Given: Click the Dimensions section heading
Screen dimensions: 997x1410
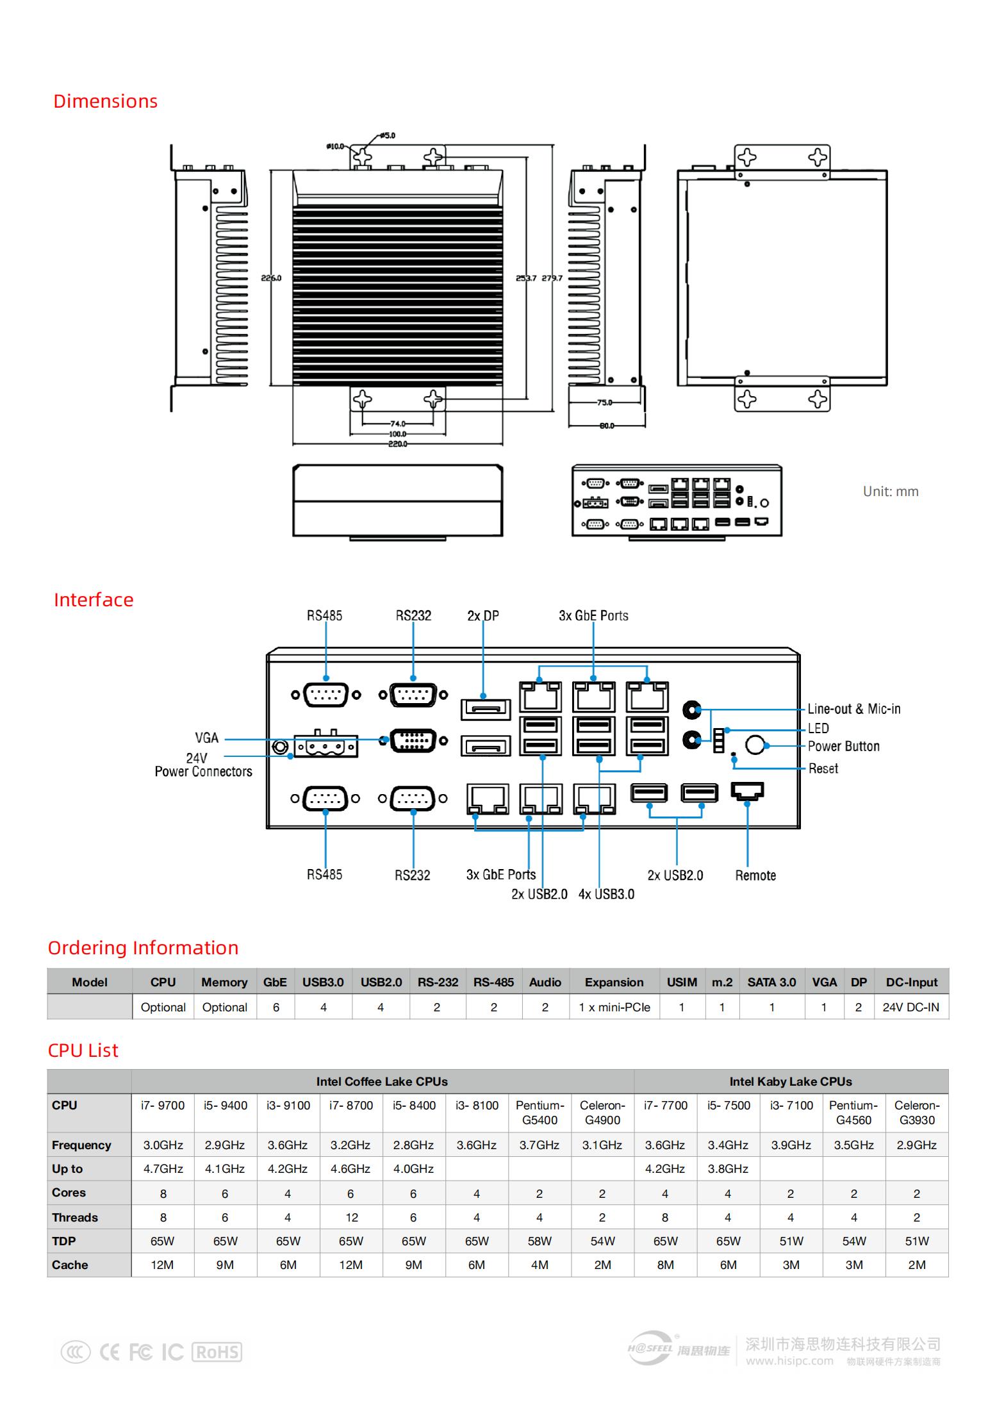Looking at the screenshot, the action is [105, 101].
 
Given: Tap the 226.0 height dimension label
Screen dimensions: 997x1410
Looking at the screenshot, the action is [271, 278].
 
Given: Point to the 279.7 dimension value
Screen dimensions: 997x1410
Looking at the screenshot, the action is [552, 278].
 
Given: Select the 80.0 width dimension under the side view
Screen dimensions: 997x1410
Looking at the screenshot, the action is [606, 426].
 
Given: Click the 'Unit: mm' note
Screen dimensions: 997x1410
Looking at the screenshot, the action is [891, 492].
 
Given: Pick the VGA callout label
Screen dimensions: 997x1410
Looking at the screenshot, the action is [207, 738].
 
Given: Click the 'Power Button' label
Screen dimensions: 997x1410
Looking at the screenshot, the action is [843, 746].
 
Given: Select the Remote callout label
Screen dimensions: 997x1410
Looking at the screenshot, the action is [755, 875].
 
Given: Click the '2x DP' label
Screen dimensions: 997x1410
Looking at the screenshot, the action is [483, 616].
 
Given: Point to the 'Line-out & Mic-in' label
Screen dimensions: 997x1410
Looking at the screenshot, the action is [853, 709].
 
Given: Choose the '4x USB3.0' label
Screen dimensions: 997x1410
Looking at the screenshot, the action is [606, 894].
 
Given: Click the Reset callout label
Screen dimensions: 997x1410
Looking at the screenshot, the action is [823, 768].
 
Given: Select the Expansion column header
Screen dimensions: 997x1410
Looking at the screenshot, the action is [614, 982].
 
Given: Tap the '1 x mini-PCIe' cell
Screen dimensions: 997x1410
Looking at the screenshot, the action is [614, 1007].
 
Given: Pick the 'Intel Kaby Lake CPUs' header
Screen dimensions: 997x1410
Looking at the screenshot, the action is [791, 1081].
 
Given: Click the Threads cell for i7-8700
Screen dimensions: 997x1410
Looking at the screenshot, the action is [350, 1217].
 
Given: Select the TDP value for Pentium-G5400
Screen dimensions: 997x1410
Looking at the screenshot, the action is [540, 1241].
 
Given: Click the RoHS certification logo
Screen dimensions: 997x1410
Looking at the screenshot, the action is [217, 1352].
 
